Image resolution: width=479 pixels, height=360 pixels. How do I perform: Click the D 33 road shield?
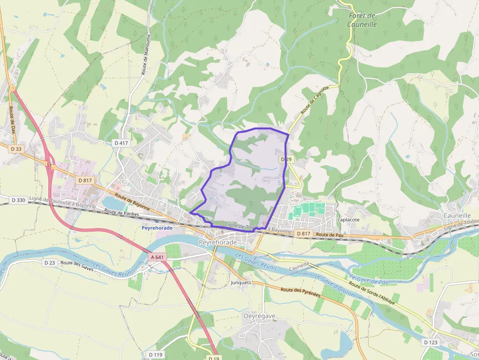pos(16,148)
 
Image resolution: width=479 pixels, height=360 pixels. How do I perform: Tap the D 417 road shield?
pos(120,143)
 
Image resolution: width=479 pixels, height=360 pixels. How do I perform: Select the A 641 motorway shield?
pos(158,257)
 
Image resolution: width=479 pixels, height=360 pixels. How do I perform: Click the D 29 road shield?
pos(286,160)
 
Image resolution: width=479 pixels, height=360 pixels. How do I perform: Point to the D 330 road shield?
pos(18,200)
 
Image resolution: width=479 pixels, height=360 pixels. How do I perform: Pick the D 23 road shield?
pos(49,263)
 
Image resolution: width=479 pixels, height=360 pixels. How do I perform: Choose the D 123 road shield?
pos(431,342)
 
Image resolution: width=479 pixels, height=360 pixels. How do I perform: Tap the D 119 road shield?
pos(154,354)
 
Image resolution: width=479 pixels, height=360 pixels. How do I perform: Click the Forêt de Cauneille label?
pos(362,20)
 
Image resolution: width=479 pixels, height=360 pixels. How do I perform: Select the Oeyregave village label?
pos(260,316)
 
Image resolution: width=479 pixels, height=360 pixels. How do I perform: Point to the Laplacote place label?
pos(348,220)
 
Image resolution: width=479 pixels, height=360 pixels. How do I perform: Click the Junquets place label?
pos(240,282)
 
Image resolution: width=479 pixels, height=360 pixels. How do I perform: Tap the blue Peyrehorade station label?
pos(157,228)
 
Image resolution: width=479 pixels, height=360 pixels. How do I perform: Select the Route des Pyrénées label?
pos(300,292)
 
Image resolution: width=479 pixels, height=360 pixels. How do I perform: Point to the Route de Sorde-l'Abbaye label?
pos(372,293)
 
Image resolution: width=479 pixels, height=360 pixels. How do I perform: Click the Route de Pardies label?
pos(121,213)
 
